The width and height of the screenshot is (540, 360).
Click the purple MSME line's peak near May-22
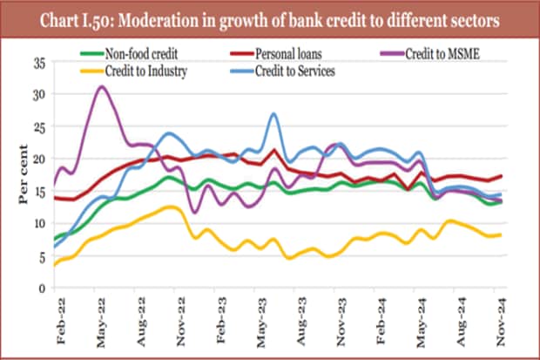coord(102,86)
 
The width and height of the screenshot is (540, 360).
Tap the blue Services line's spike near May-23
coord(273,113)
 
